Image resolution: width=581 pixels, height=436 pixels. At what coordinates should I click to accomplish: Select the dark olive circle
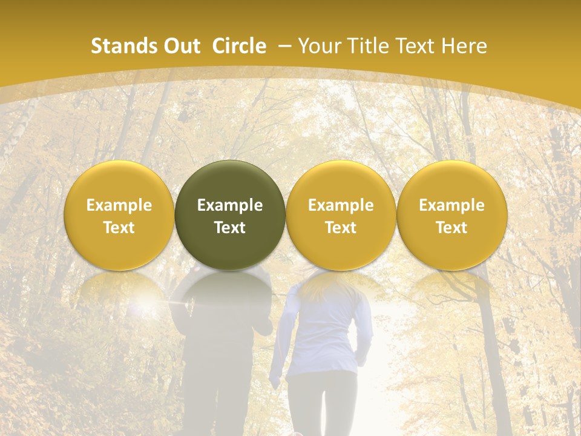pos(230,216)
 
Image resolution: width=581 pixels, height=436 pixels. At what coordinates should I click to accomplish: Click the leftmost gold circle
pos(119,216)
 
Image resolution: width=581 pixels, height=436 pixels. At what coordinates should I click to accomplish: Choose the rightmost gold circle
pos(451,216)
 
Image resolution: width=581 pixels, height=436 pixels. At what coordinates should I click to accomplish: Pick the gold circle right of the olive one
pos(341,216)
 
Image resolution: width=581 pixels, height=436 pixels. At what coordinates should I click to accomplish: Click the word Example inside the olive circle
pos(230,205)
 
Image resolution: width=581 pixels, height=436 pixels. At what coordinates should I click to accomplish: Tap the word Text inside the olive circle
pos(230,228)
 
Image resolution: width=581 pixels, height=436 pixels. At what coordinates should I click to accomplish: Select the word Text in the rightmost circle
pos(451,228)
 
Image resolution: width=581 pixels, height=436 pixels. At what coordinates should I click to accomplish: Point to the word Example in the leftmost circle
pos(119,205)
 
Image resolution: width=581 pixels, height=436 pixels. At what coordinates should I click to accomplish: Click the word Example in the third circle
pos(341,205)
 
